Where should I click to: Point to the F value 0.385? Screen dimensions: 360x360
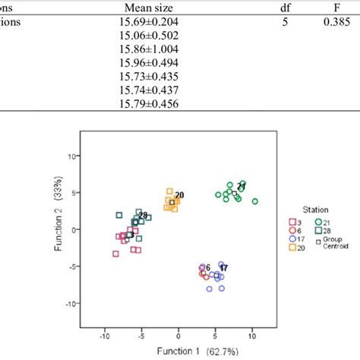(341, 22)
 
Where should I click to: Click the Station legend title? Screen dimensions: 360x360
(307, 206)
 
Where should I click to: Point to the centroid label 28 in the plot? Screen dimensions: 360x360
(143, 216)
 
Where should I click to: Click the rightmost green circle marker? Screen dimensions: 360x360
(255, 201)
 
